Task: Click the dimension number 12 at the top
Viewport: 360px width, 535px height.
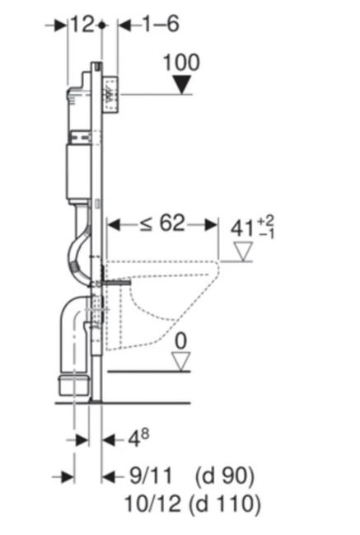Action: click(x=82, y=25)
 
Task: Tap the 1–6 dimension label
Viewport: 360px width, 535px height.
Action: click(x=160, y=24)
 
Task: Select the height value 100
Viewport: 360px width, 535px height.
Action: click(x=181, y=63)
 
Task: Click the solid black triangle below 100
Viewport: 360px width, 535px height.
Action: click(x=182, y=85)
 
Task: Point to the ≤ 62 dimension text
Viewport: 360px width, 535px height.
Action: click(x=162, y=223)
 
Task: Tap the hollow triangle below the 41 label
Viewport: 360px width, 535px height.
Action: click(x=243, y=251)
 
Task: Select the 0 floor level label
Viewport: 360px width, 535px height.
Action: click(x=180, y=341)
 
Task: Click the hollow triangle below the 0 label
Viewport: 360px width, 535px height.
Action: click(x=180, y=362)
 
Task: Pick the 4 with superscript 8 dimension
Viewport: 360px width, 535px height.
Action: click(x=138, y=438)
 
